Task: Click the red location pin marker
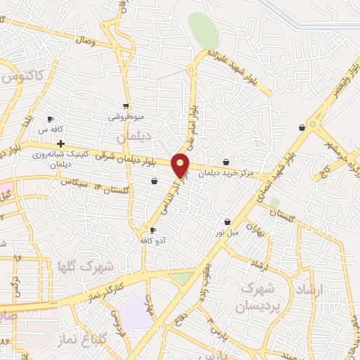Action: (x=181, y=165)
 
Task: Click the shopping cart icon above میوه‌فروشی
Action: (x=125, y=106)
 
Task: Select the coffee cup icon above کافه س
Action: (x=50, y=119)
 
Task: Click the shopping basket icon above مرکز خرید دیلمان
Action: (x=226, y=162)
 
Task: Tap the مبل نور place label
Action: (x=226, y=232)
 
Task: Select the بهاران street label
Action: (x=263, y=230)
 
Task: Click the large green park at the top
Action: (x=203, y=30)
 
